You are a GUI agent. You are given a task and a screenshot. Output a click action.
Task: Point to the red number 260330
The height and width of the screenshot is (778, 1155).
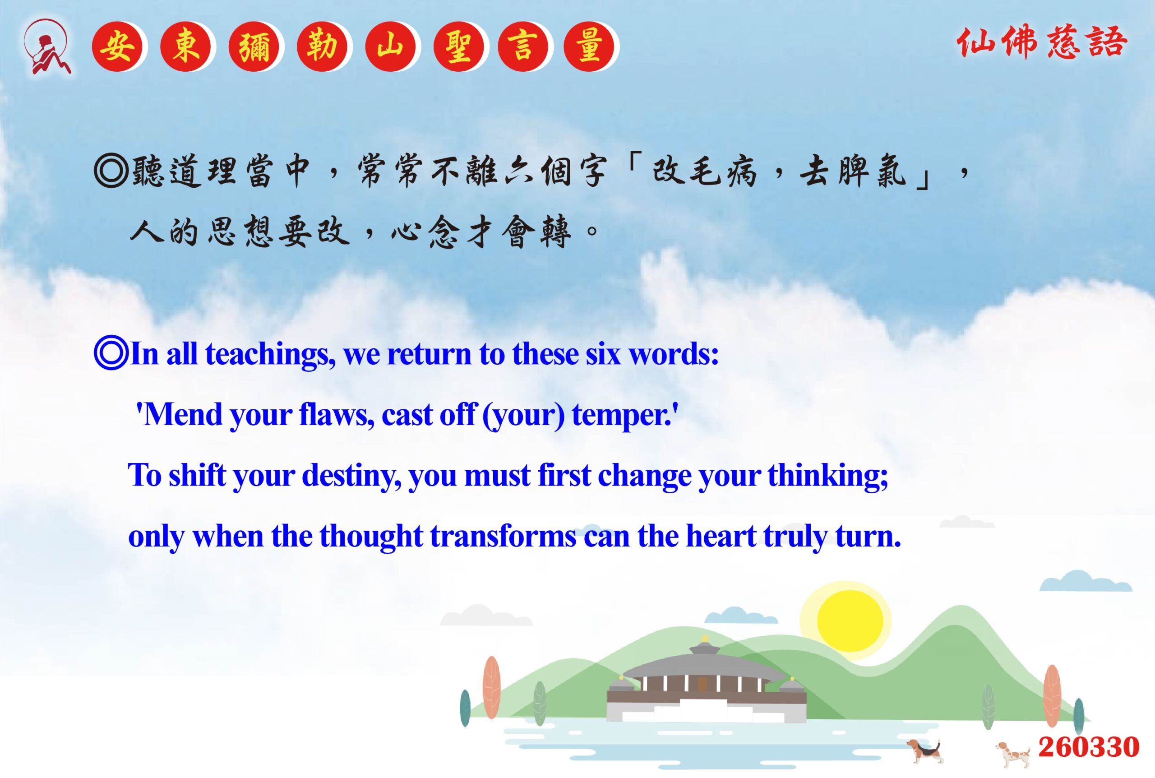[1089, 747]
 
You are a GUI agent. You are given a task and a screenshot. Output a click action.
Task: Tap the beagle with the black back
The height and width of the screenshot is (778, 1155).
[924, 751]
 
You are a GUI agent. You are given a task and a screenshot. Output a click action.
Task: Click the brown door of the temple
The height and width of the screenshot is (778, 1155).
[702, 684]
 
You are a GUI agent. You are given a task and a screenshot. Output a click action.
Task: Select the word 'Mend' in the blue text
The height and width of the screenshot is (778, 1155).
[182, 414]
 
